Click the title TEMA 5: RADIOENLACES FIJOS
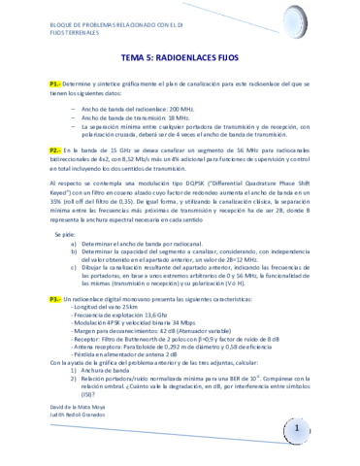tap(179, 55)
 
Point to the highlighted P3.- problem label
tap(55, 301)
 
